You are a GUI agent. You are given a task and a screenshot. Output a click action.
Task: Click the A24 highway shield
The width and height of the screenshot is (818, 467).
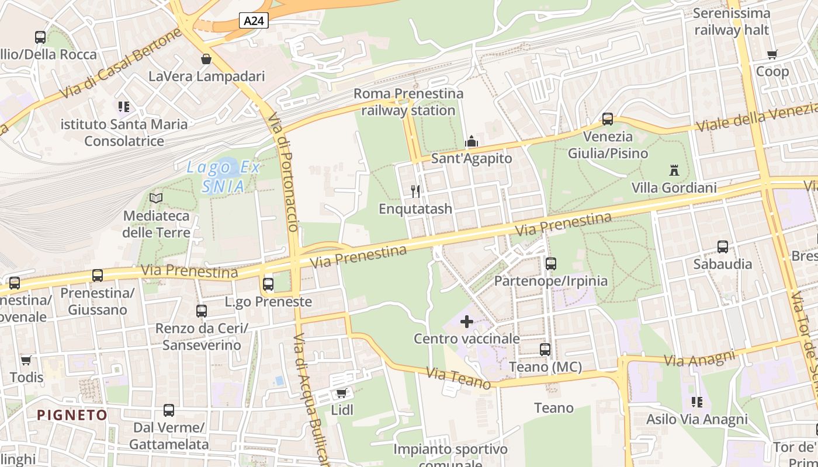[254, 21]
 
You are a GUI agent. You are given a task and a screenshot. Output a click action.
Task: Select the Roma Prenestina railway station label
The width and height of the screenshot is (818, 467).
[408, 102]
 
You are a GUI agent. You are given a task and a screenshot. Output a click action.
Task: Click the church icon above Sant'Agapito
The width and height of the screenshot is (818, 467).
[471, 142]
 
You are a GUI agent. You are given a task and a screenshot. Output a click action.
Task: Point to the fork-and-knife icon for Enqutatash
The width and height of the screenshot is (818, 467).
[415, 191]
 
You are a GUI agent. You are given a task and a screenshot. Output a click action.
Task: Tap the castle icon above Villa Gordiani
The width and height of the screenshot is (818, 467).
[674, 171]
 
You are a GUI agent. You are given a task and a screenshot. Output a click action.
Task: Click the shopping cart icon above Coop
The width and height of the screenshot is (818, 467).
[772, 55]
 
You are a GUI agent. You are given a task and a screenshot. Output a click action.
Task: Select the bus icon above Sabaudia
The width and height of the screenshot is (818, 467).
[723, 247]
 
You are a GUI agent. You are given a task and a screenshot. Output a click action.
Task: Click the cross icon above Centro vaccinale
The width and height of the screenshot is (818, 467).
[467, 322]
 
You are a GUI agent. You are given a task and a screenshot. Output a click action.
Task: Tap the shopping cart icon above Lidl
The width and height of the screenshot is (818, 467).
[342, 393]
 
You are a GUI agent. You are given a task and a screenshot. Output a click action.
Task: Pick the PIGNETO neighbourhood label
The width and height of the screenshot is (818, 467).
[72, 415]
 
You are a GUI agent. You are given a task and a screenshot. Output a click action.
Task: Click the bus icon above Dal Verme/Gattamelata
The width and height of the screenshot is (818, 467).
[169, 410]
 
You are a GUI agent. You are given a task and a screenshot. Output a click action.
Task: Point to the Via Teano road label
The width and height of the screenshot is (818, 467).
[459, 378]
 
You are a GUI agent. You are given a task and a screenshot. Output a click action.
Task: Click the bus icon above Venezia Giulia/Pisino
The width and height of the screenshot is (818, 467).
[608, 119]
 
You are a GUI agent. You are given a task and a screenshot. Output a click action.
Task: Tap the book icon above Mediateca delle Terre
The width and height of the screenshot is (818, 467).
[156, 198]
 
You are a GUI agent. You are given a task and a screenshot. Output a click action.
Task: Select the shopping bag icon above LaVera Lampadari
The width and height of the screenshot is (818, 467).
[206, 59]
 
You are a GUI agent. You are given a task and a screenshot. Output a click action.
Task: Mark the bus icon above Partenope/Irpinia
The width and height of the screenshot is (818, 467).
[550, 264]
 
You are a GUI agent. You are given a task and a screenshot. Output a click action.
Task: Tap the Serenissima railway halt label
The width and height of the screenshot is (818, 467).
[732, 22]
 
